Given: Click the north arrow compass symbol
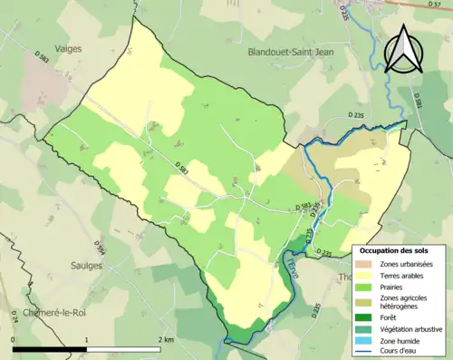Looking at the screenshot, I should [x=403, y=49].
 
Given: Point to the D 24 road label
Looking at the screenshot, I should [x=14, y=316].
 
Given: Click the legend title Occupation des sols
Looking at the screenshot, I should [x=393, y=249].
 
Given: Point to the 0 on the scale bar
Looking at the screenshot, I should [x=14, y=338].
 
